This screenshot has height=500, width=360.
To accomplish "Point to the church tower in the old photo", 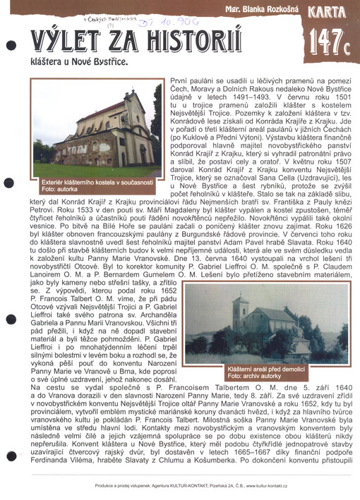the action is coord(241,310).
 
